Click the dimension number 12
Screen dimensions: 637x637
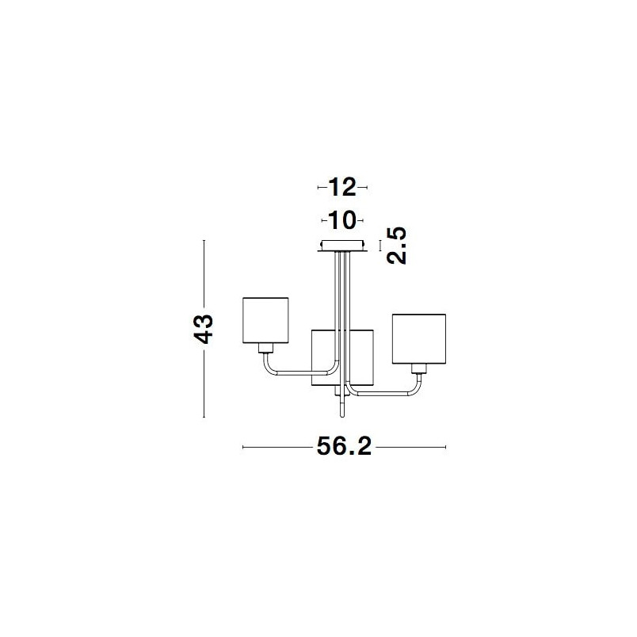point(342,187)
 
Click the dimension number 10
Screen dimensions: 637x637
point(342,220)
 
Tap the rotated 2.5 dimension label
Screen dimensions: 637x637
point(396,246)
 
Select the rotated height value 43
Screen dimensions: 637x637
point(203,329)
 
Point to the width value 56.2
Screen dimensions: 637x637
point(344,447)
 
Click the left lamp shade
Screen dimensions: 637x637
point(265,320)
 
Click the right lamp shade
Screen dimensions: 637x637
point(419,339)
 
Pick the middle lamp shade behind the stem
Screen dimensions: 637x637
point(342,357)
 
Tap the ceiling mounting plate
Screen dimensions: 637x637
point(342,246)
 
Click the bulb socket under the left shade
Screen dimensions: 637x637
point(265,348)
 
